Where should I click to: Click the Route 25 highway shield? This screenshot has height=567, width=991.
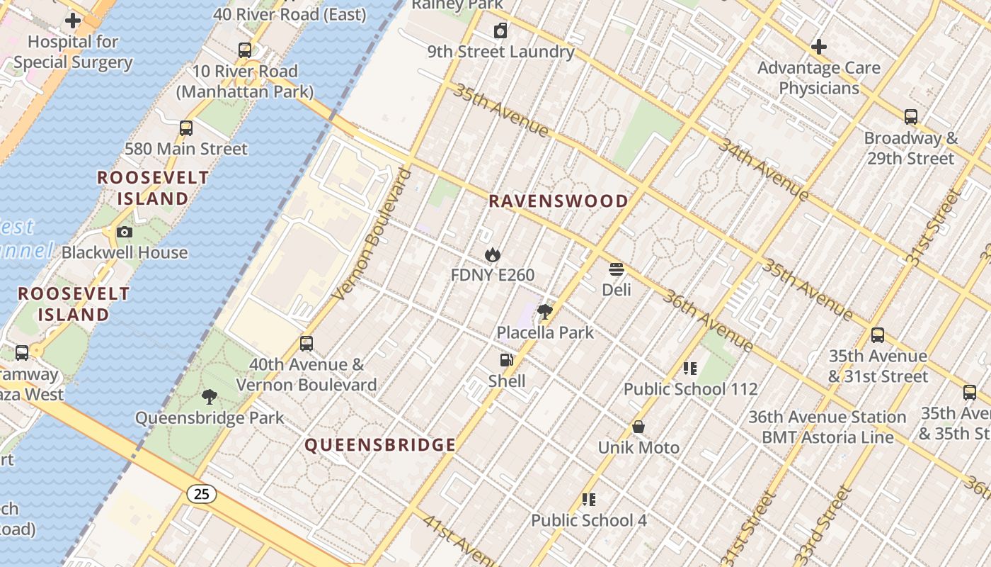[x=202, y=493]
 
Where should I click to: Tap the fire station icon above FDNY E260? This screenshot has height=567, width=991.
[x=493, y=254]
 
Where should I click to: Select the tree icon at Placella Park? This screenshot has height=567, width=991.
[x=544, y=312]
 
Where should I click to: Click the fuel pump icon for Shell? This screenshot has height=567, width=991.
[x=506, y=360]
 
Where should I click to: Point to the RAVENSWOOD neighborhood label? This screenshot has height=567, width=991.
[x=558, y=201]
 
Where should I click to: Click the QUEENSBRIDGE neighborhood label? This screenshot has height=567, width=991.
[x=380, y=445]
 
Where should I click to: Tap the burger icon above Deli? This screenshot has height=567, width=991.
[x=616, y=269]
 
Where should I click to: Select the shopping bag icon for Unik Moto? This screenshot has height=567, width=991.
[x=638, y=427]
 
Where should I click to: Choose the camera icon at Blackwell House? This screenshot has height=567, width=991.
[x=125, y=232]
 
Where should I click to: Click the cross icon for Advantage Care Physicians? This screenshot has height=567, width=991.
[x=819, y=47]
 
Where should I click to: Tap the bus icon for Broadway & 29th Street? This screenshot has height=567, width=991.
[x=911, y=117]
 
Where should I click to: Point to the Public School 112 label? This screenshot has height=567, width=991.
[x=690, y=389]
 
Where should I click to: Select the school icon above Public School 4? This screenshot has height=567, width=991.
[x=589, y=500]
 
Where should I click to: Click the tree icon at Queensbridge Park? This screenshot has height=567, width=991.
[x=209, y=397]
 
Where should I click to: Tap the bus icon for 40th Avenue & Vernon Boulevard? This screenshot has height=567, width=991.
[x=307, y=344]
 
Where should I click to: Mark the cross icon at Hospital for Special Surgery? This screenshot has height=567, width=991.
[x=73, y=21]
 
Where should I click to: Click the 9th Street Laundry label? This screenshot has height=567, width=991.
[x=500, y=52]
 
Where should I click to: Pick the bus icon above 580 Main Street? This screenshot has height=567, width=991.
[x=186, y=128]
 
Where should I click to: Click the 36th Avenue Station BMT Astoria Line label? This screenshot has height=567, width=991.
[x=827, y=427]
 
